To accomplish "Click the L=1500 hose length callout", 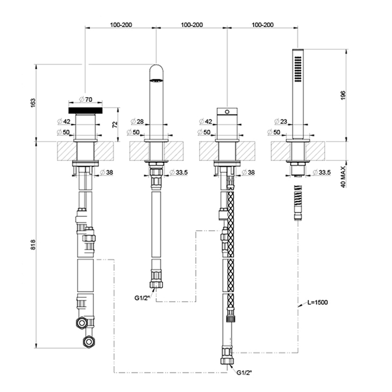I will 319,303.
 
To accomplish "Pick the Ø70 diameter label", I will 86,99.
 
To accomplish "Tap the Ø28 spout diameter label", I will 138,122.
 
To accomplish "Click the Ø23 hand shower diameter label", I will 281,122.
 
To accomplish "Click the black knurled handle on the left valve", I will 85,110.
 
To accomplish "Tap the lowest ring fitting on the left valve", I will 88,342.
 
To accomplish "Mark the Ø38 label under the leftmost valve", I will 107,172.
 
